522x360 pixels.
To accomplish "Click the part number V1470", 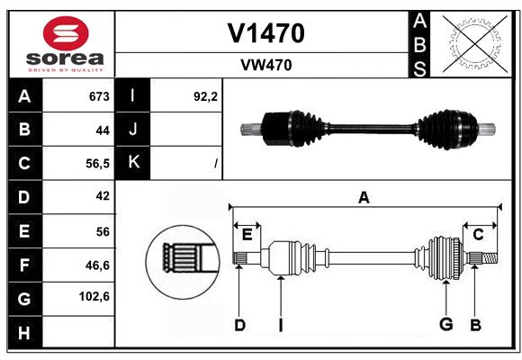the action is tap(265, 33).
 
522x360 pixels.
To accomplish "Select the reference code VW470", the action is tap(266, 65).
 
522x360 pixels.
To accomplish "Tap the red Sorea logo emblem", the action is tap(66, 33).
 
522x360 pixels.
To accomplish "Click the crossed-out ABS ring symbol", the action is tap(475, 43).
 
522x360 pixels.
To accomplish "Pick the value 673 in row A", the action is tap(99, 96).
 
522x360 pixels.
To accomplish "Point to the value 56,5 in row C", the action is tap(97, 164).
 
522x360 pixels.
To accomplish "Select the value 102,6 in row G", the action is tap(94, 296).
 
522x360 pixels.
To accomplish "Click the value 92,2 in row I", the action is tap(205, 96).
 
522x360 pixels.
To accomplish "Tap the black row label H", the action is tap(24, 332).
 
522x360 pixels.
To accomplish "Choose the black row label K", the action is tap(133, 163).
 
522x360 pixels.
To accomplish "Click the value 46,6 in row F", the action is tap(97, 265).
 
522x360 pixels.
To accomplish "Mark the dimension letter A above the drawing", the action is tap(364, 197).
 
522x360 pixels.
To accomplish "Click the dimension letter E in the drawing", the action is tap(247, 235).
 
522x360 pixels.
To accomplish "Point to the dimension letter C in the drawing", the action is tap(478, 235).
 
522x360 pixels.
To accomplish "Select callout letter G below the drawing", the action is tap(445, 324).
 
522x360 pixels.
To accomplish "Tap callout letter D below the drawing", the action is tap(240, 325).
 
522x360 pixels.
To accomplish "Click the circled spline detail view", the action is tap(183, 262).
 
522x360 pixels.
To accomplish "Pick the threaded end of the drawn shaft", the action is tap(490, 258).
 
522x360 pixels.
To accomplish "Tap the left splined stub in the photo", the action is tap(251, 130).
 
